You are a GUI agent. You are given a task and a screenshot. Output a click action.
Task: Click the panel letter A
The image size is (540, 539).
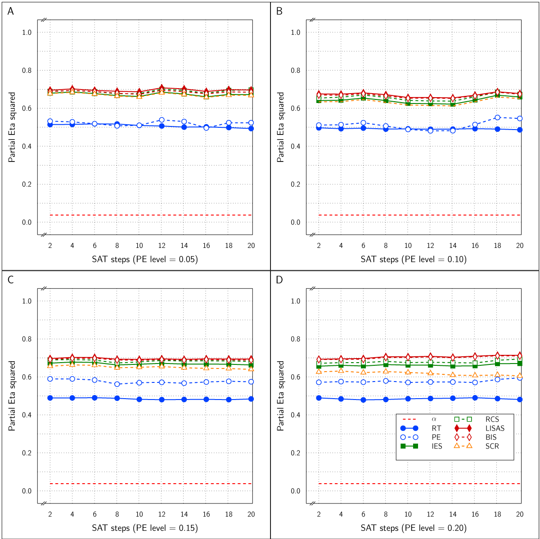[x=11, y=12]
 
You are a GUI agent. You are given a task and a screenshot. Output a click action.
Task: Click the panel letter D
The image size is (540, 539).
[x=279, y=280]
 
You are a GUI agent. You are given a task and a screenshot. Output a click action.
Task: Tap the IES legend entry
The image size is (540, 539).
[x=436, y=446]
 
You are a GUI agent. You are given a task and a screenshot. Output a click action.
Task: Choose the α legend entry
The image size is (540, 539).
[x=434, y=419]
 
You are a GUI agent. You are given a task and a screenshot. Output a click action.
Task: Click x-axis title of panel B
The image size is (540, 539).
[x=413, y=260]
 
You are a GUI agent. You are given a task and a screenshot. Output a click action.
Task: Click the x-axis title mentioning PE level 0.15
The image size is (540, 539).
[x=144, y=528]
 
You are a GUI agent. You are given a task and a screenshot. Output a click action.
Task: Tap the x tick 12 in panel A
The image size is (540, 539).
[x=162, y=246]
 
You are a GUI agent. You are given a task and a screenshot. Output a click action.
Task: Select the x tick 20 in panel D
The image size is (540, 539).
[x=520, y=514]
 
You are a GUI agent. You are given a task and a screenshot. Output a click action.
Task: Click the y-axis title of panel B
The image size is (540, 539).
[x=280, y=127]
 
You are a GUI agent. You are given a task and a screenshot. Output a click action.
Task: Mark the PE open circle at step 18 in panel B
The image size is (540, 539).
[x=497, y=117]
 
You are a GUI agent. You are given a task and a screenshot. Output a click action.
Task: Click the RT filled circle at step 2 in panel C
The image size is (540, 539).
[x=50, y=398]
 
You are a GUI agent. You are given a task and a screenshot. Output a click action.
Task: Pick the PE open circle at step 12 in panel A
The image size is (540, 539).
[x=162, y=120]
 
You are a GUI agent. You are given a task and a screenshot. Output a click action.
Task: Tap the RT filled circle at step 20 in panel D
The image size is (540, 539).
[x=520, y=400]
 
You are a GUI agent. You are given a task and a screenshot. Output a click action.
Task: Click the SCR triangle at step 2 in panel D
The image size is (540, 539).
[x=319, y=371]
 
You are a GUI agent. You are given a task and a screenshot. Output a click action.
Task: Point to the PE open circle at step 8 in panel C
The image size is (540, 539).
[x=117, y=384]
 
